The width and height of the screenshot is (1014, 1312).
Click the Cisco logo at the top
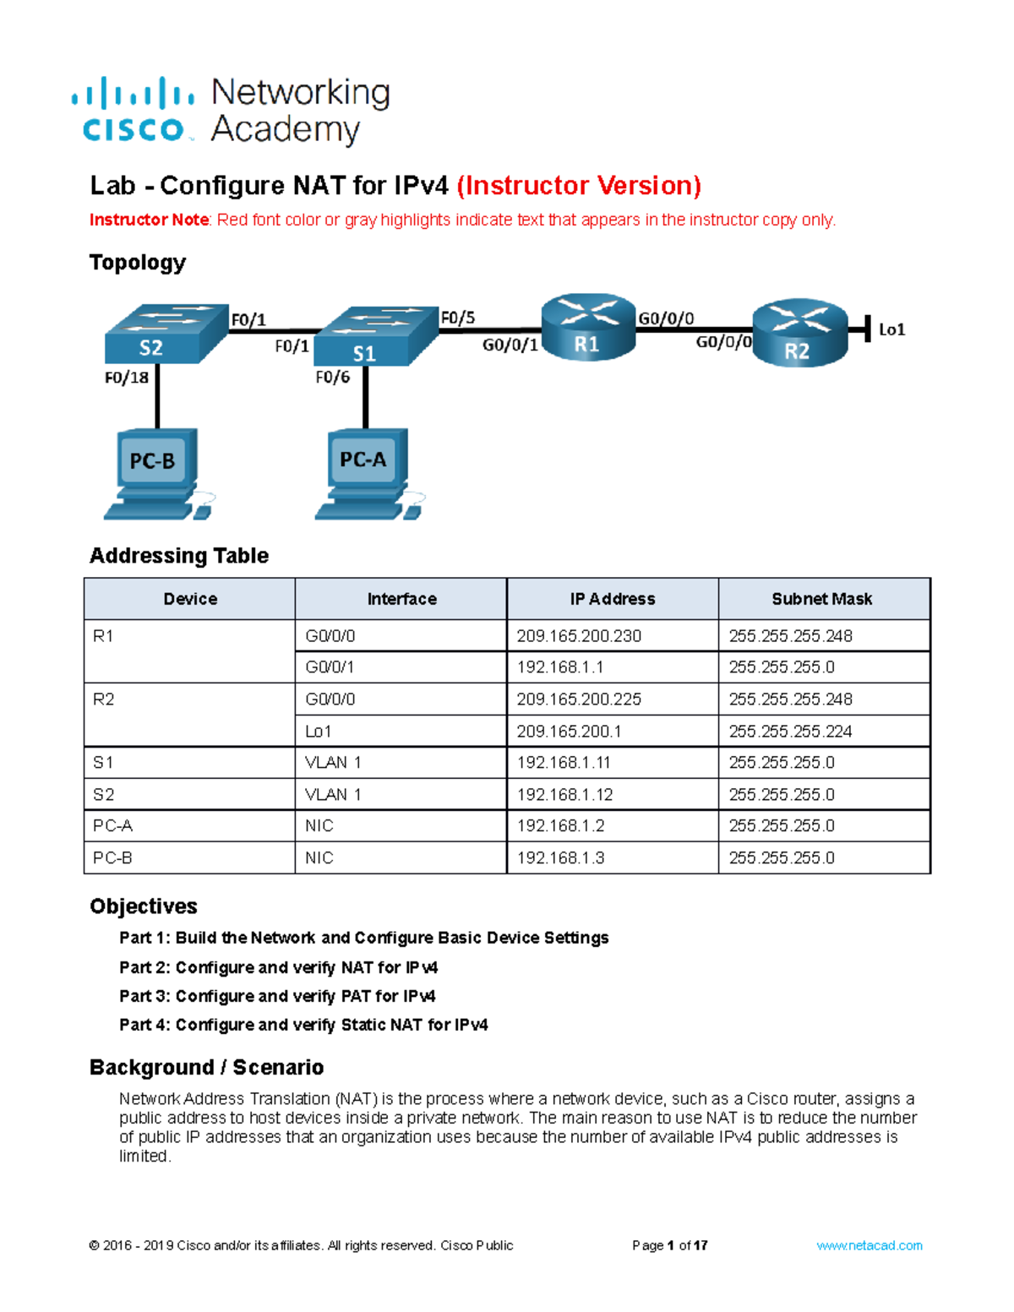pos(133,110)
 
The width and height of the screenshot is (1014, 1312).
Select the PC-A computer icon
pos(367,473)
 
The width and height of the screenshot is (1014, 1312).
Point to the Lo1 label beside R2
pos(891,329)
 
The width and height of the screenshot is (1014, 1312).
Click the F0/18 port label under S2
pos(126,378)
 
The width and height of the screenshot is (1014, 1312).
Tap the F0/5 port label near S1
pos(457,318)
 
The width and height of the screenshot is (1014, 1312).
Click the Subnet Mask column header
pos(821,599)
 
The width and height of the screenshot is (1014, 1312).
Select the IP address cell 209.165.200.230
pos(579,636)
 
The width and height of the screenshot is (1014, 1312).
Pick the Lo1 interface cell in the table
pos(319,732)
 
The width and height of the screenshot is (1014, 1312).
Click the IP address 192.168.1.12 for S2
pos(564,795)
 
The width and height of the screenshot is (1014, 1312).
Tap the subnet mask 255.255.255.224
pos(790,732)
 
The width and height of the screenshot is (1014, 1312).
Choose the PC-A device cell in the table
pos(113,826)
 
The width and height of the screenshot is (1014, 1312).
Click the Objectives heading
pos(144,906)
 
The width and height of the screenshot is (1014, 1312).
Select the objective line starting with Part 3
pos(277,996)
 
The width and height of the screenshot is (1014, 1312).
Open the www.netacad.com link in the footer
pos(869,1245)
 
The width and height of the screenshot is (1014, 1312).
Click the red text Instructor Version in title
pos(579,185)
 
